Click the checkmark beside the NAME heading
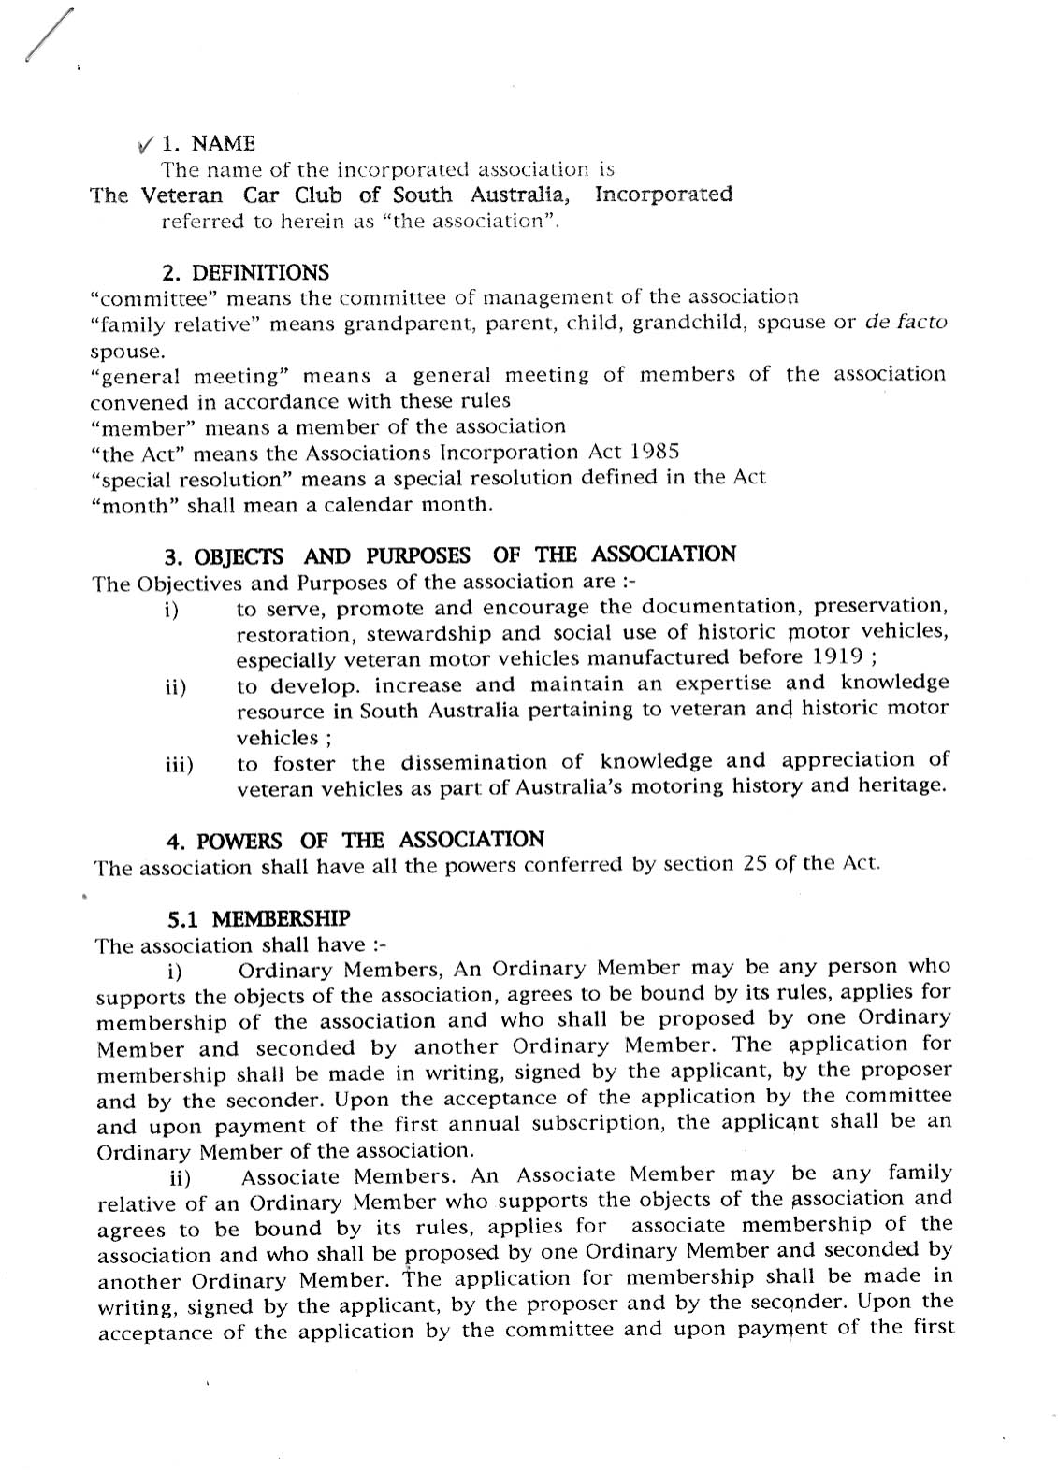[146, 145]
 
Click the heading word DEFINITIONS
[260, 273]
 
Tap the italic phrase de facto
[906, 323]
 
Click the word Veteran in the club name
[181, 195]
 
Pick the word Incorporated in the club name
[663, 195]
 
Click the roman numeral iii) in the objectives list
[179, 765]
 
